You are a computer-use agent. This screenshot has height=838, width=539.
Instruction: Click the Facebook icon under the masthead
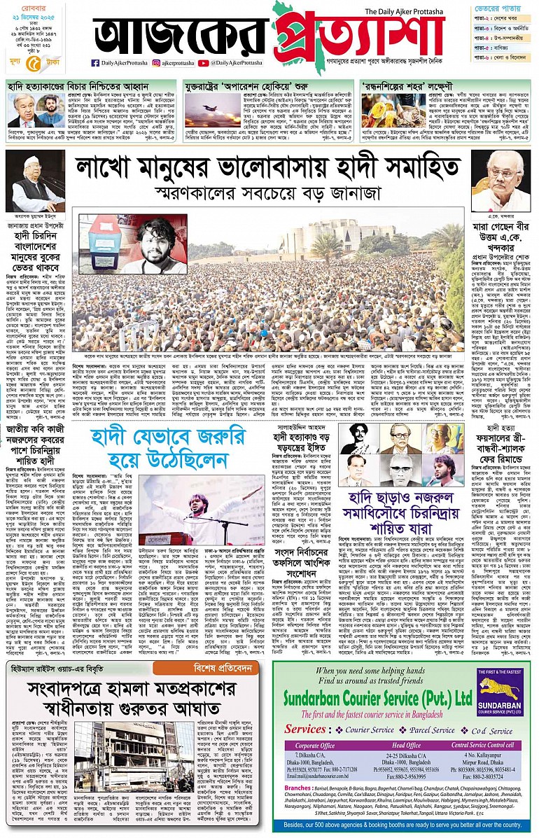95,62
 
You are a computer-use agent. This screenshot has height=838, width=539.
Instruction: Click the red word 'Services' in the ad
305,709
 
